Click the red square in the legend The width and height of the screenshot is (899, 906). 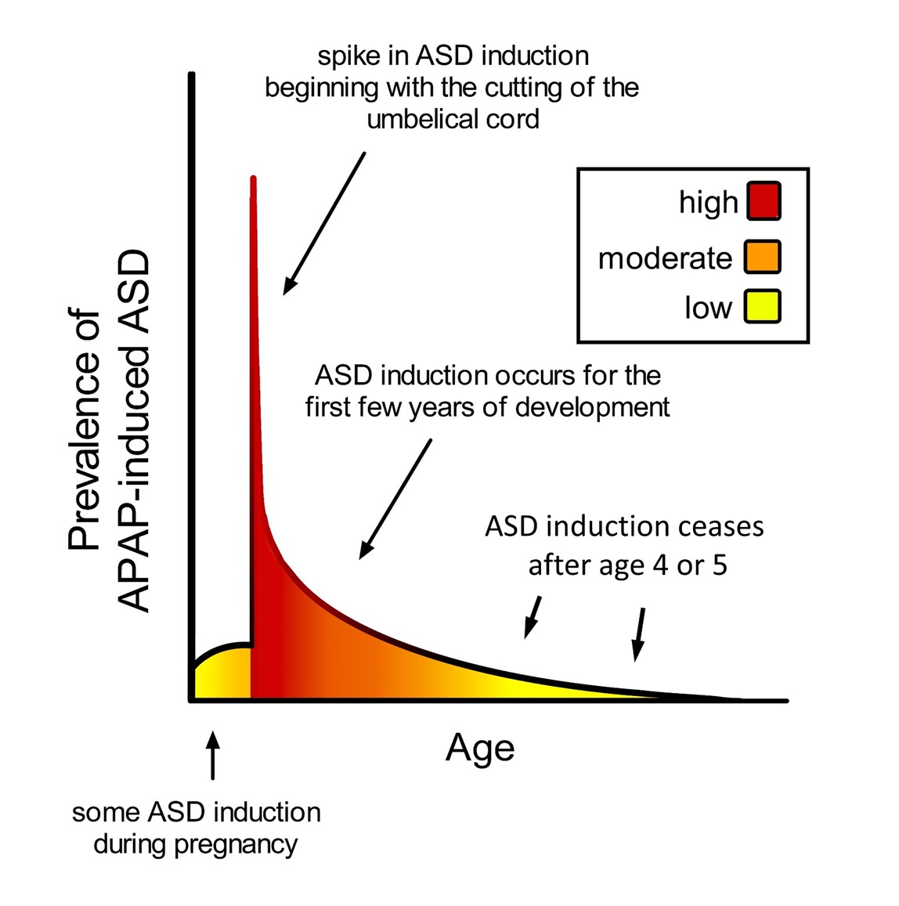pyautogui.click(x=764, y=201)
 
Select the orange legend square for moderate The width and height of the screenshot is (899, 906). pyautogui.click(x=763, y=257)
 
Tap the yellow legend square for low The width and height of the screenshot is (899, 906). pyautogui.click(x=763, y=306)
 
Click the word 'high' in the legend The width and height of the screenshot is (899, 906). pyautogui.click(x=709, y=203)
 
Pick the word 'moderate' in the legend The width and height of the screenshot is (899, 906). pyautogui.click(x=665, y=258)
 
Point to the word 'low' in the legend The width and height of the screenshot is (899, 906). pyautogui.click(x=709, y=308)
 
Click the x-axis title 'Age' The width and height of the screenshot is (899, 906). pyautogui.click(x=479, y=749)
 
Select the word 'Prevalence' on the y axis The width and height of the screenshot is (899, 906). pyautogui.click(x=85, y=429)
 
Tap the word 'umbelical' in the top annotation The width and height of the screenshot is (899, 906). pyautogui.click(x=418, y=119)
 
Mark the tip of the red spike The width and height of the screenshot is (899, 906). pyautogui.click(x=253, y=177)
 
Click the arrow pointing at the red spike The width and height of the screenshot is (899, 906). pyautogui.click(x=324, y=224)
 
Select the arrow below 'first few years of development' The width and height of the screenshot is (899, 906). pyautogui.click(x=395, y=499)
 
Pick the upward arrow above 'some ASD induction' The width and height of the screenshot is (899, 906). pyautogui.click(x=213, y=756)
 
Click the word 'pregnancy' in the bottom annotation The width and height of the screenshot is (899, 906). pyautogui.click(x=236, y=846)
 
